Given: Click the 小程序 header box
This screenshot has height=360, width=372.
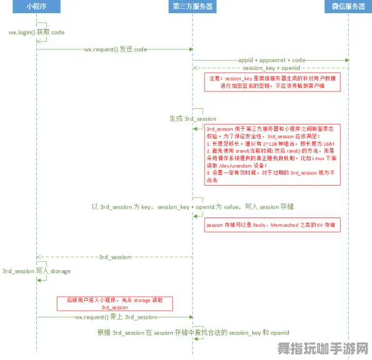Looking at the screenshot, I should tap(36, 6).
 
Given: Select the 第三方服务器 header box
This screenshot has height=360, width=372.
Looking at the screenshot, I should tap(192, 6).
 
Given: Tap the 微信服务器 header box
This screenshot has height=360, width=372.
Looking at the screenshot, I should tap(348, 6).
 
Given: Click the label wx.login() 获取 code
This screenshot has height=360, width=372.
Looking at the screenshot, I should tap(36, 32).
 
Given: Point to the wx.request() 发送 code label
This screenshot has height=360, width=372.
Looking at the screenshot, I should tap(115, 49).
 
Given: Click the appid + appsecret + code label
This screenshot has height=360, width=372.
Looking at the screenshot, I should tap(272, 60).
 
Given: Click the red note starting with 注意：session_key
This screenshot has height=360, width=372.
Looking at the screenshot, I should tap(273, 82).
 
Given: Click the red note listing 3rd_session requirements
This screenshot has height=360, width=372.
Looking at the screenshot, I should tap(273, 154).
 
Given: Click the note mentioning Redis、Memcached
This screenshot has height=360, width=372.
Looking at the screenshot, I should tap(273, 224).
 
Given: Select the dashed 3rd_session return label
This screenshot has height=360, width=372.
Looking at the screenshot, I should tap(115, 257).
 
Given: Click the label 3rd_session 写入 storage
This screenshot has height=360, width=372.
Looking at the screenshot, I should tap(36, 271).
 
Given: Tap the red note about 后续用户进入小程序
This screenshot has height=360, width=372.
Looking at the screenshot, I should tap(114, 304).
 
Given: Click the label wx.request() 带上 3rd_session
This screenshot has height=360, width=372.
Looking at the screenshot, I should tap(115, 317).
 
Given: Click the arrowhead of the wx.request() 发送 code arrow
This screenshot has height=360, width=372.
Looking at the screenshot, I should tap(190, 49).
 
